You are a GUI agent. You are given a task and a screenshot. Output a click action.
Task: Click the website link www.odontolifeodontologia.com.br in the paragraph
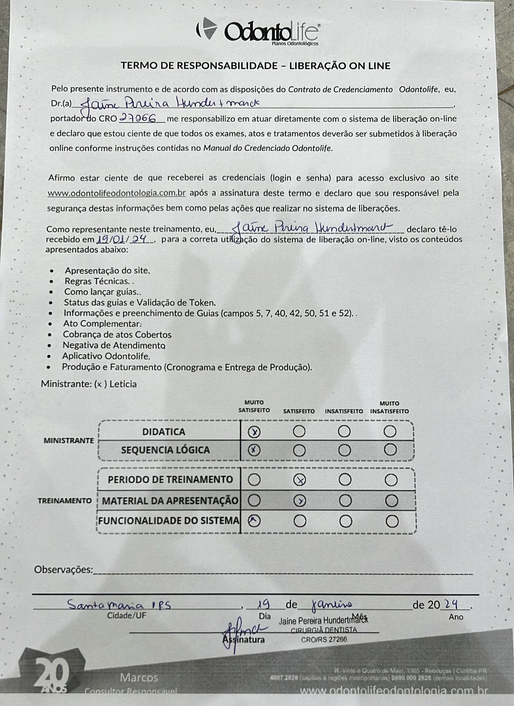pos(116,193)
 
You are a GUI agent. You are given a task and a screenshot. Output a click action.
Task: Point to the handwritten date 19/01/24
pos(124,239)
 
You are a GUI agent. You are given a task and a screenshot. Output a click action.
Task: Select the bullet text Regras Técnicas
pos(97,281)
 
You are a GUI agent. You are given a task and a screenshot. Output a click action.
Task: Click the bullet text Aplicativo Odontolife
pos(106,356)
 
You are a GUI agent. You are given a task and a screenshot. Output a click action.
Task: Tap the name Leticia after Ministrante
pos(123,384)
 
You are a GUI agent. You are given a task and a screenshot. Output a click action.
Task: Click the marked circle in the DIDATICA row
pos(255,432)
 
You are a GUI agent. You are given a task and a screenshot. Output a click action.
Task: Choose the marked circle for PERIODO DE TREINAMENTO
pos(300,480)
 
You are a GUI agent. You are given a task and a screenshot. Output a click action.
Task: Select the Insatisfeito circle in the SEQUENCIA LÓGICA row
pos(345,450)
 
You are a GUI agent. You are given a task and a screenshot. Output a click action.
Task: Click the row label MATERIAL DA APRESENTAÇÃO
pos(170,501)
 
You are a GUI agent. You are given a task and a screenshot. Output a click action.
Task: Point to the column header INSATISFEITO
pos(344,411)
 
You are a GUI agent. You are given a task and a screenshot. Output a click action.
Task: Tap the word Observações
pos(64,570)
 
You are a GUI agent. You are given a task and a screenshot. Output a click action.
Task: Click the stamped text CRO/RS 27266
pos(324,639)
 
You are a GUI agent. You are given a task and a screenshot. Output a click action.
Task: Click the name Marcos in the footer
pos(139,677)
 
